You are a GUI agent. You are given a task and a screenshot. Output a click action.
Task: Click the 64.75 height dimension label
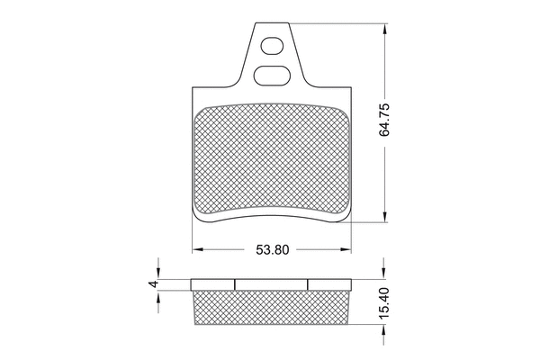[x=384, y=120]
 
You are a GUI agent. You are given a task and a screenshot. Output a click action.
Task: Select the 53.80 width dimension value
[x=273, y=250]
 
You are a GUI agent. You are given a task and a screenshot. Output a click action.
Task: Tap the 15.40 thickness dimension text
[x=384, y=303]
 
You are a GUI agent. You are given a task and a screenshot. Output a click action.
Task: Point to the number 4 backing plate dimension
[x=154, y=283]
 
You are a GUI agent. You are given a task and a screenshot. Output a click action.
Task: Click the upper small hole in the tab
[x=272, y=46]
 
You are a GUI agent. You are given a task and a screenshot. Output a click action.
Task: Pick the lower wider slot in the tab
[x=272, y=75]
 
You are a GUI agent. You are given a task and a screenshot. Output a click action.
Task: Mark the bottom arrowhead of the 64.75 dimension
[x=384, y=217]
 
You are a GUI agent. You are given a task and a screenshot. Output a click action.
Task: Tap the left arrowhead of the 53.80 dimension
[x=197, y=249]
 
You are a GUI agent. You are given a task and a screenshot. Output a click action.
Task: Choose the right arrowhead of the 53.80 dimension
[x=346, y=249]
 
